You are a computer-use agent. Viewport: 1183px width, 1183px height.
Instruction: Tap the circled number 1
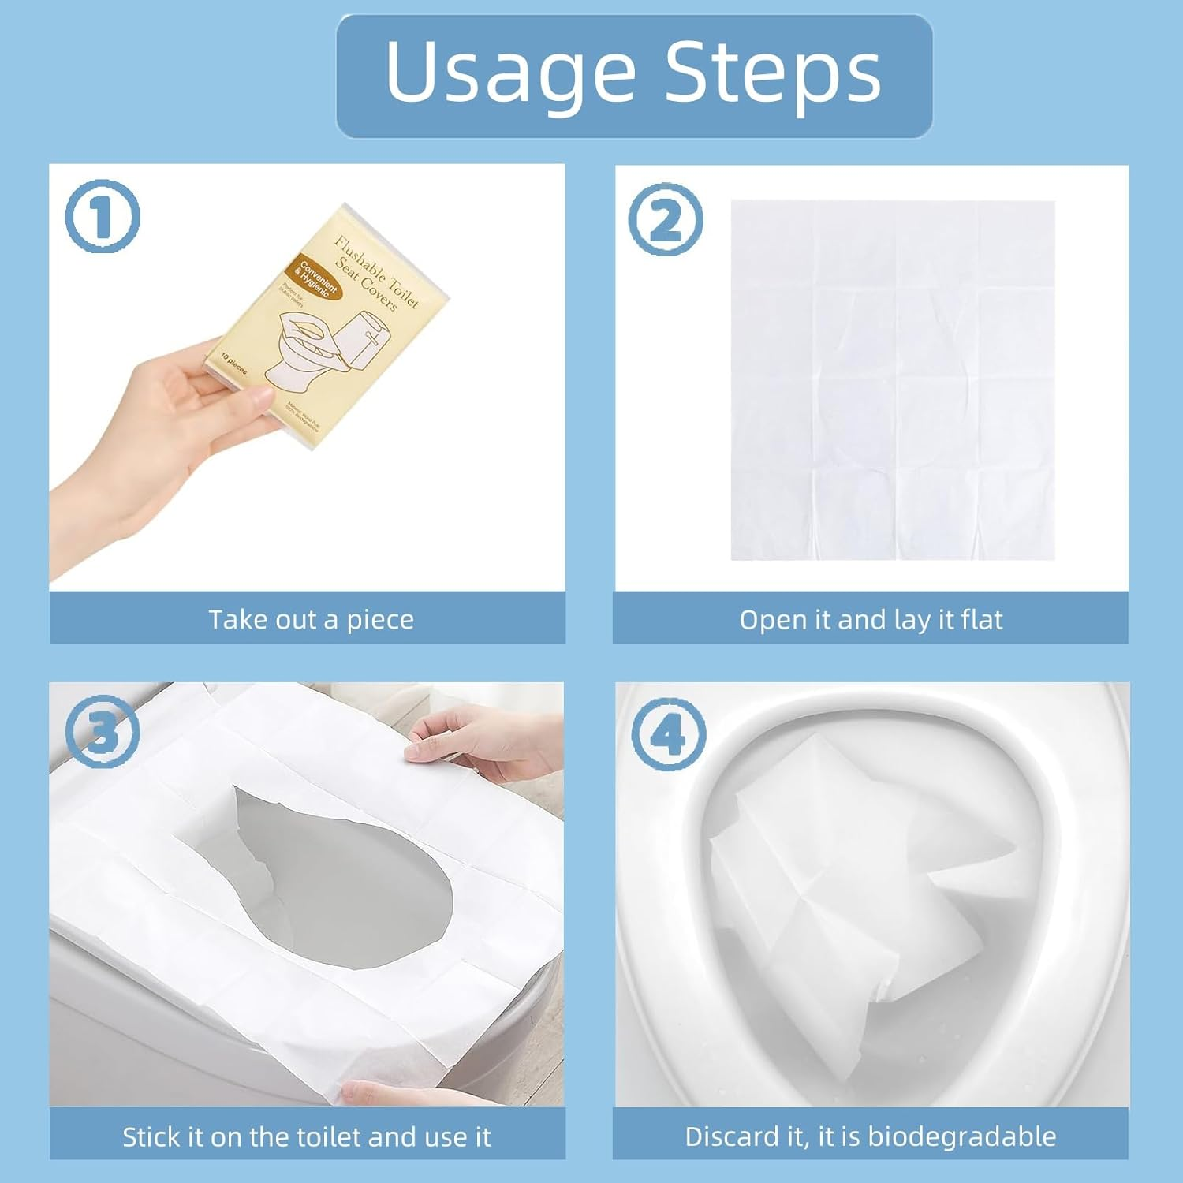tap(102, 216)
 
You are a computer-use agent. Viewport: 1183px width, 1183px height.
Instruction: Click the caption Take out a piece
tap(311, 620)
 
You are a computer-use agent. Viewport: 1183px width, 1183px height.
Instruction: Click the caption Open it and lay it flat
tap(871, 620)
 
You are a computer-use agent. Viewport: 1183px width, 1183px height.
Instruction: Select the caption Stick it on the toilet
tap(306, 1136)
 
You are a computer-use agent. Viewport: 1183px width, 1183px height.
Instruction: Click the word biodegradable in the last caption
tap(961, 1136)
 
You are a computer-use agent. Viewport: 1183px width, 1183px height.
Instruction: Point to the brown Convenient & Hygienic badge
tap(317, 280)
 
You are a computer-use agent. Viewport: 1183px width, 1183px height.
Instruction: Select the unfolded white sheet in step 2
tap(893, 380)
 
